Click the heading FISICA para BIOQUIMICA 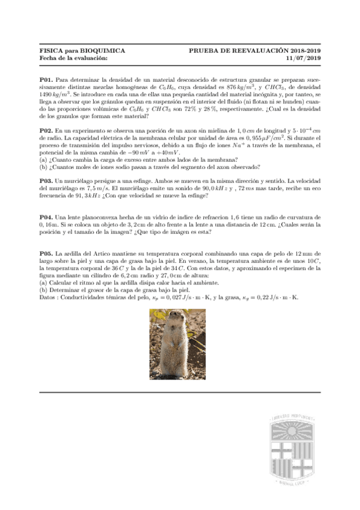(82, 52)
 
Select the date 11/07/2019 (304, 59)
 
